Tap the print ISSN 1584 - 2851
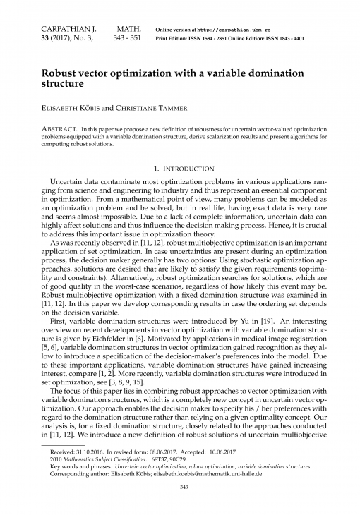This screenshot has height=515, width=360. pyautogui.click(x=220, y=38)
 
